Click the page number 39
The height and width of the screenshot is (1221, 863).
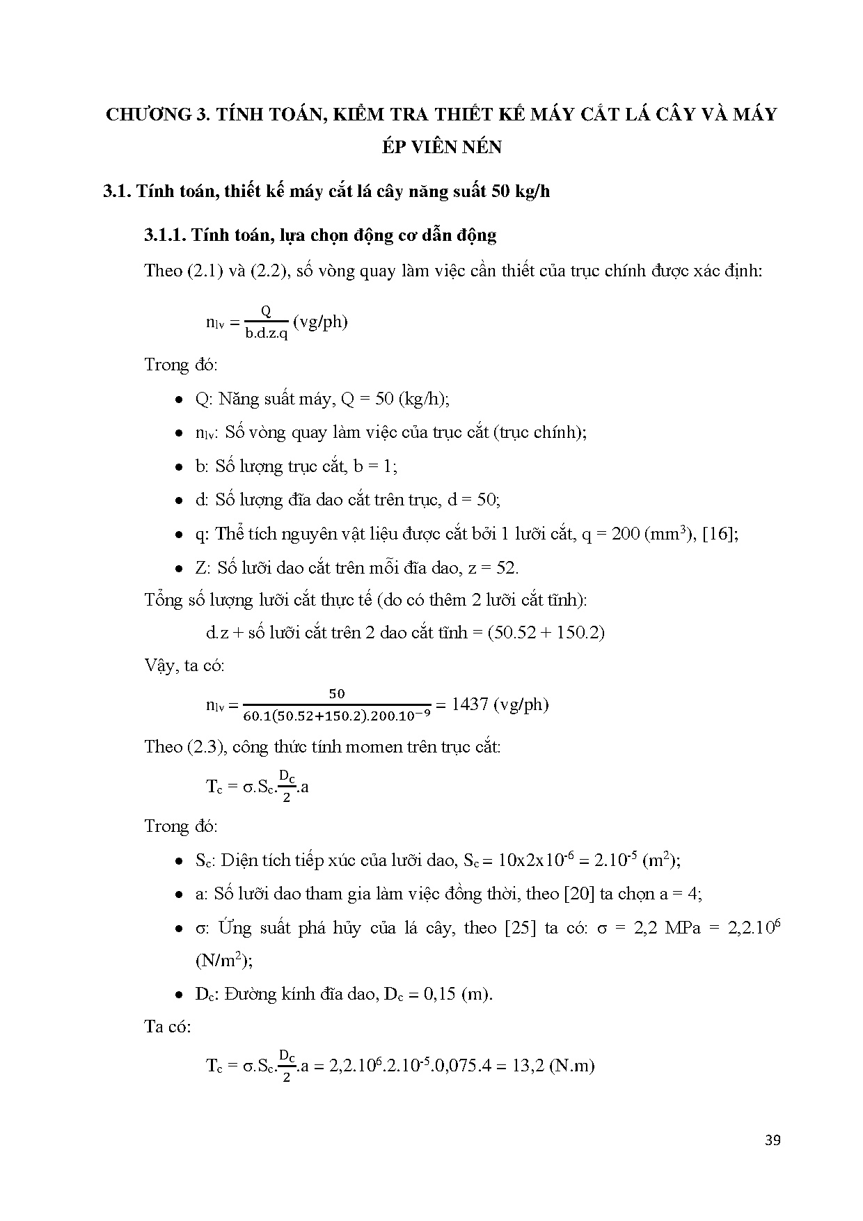pos(772,1140)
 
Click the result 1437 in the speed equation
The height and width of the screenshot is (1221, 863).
pos(470,704)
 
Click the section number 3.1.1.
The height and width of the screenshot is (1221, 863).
pos(165,235)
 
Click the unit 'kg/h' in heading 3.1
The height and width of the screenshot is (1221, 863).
pos(532,191)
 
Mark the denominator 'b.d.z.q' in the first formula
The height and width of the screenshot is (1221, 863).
pos(266,333)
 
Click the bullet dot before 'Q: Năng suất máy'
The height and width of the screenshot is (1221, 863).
pos(179,400)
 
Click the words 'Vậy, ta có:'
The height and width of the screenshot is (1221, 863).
pos(184,665)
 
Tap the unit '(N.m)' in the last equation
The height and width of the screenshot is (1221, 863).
pos(571,1065)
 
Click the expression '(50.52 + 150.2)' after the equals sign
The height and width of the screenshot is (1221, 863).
pos(546,632)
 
